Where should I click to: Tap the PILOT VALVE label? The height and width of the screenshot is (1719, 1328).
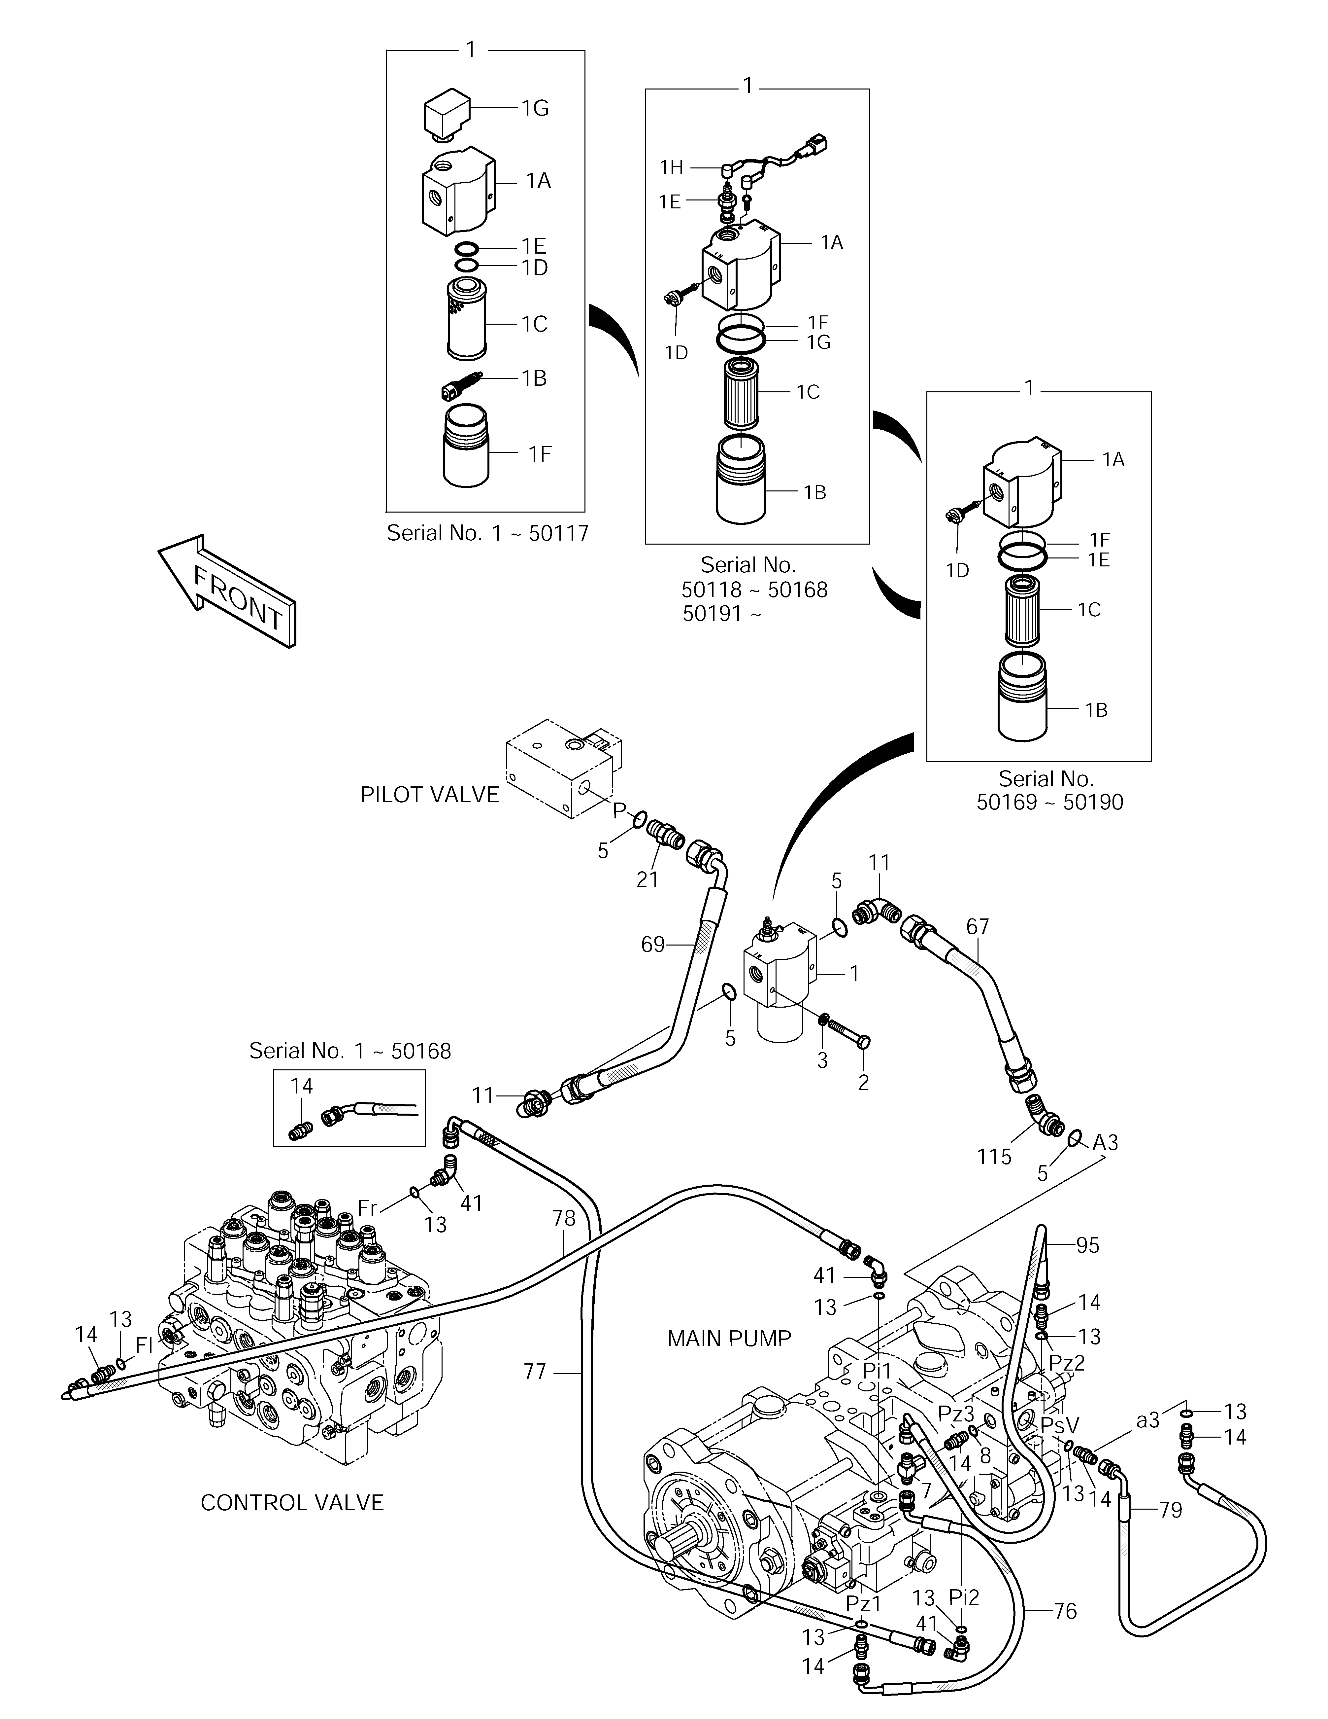pos(430,795)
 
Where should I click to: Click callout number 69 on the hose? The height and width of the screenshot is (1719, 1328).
pos(653,945)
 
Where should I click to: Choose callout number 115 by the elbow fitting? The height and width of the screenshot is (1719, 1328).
pos(994,1157)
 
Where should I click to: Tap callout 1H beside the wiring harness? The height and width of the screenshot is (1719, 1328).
pos(671,167)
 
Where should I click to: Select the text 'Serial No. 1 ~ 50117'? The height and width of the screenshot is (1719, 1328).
pos(488,534)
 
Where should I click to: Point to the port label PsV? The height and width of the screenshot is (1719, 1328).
pos(1060,1425)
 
